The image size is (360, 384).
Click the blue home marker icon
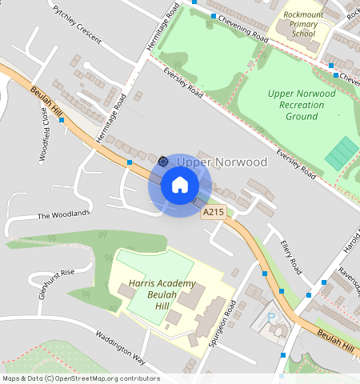[x=180, y=186]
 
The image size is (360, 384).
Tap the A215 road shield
[x=213, y=212]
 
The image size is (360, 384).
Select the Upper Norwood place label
[x=222, y=162]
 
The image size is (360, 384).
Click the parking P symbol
[x=270, y=318]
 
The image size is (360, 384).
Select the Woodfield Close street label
[x=45, y=134]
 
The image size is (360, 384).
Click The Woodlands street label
[x=63, y=215]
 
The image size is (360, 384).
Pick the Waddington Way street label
[x=120, y=346]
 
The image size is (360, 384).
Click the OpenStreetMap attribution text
[x=80, y=378]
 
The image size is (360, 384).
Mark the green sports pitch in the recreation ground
[x=342, y=152]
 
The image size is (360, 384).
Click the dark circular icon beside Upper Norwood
[x=163, y=161]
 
